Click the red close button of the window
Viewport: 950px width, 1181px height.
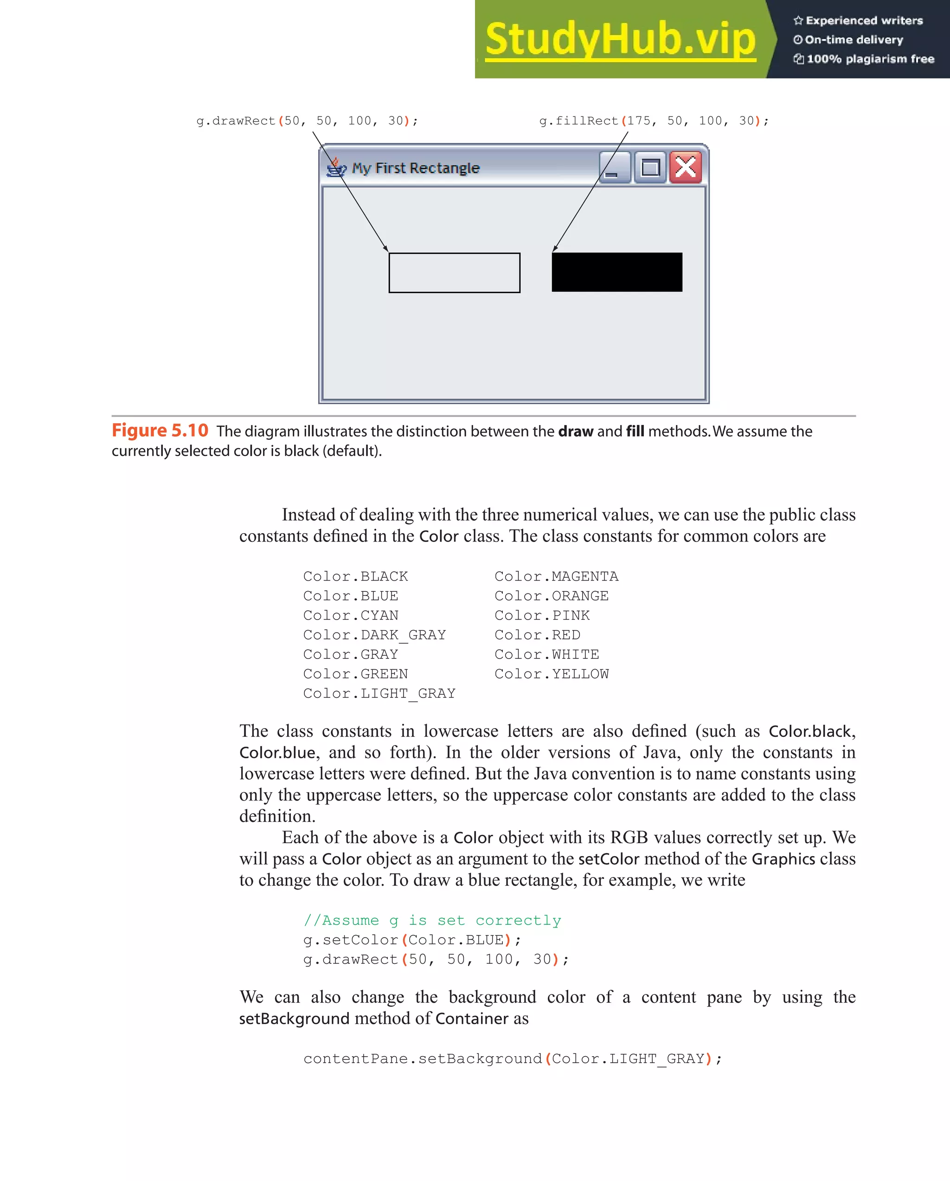pos(686,167)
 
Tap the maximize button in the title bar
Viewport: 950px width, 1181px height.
pos(650,167)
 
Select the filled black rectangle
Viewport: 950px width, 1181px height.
pos(616,272)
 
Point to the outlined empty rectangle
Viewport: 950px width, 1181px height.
pos(454,273)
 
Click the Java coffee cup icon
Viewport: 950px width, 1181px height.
pos(336,167)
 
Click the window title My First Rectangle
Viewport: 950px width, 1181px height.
pos(416,168)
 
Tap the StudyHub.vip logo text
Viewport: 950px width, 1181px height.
pos(620,39)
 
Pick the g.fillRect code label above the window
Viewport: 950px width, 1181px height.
pos(654,121)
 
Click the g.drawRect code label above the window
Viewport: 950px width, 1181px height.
pos(307,121)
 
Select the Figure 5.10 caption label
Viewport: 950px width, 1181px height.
pos(160,431)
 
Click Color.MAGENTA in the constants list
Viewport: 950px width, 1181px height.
pos(556,576)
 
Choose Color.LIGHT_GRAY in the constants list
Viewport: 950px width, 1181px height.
pos(379,693)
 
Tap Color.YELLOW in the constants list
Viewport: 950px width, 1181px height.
pos(552,674)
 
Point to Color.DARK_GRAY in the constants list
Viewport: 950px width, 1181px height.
pos(374,635)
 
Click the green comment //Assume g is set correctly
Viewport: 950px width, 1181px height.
pos(432,920)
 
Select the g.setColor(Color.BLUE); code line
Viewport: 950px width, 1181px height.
pos(412,940)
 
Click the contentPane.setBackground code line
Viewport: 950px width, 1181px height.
pos(513,1059)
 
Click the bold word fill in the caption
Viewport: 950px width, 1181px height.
pos(635,432)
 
